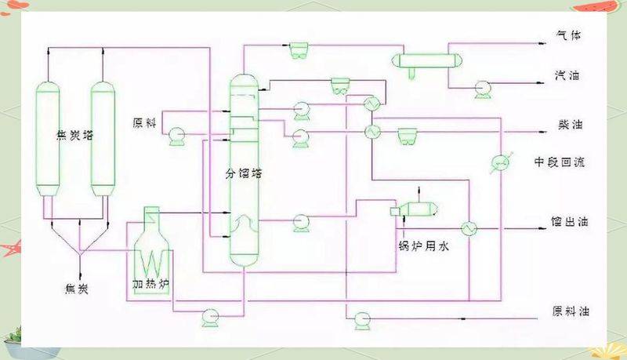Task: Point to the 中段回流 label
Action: [560, 162]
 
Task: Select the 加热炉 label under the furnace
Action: [150, 281]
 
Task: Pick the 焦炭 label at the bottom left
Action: [76, 289]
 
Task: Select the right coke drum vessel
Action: [103, 137]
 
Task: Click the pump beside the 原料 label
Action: [176, 137]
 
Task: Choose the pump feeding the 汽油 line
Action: [481, 89]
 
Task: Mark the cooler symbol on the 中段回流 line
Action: [499, 162]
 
